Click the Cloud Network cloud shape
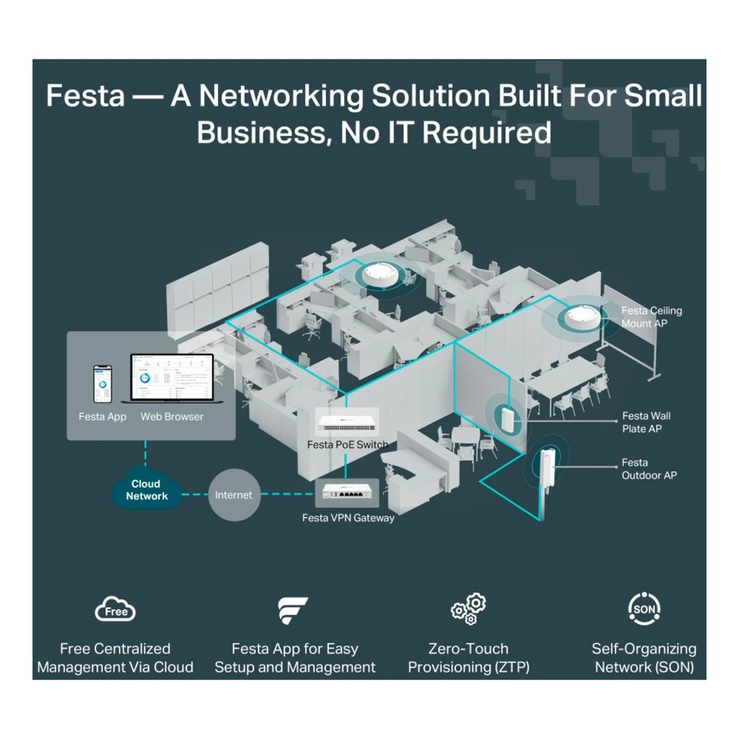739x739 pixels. tap(146, 491)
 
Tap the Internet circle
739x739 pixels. tap(234, 495)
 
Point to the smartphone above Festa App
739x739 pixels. tap(102, 384)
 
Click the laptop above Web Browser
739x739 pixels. tap(172, 379)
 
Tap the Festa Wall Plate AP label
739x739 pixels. tap(646, 422)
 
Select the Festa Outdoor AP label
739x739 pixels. tap(649, 469)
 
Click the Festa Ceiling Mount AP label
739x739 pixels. tap(651, 317)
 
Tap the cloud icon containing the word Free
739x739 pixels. tap(115, 610)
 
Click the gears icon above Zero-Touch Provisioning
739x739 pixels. tap(468, 609)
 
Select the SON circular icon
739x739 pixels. tap(644, 608)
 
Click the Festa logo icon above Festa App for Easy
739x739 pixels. tap(292, 610)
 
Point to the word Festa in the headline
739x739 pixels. tap(85, 95)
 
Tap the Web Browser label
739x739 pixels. tap(172, 417)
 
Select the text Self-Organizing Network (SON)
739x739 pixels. tap(644, 658)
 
